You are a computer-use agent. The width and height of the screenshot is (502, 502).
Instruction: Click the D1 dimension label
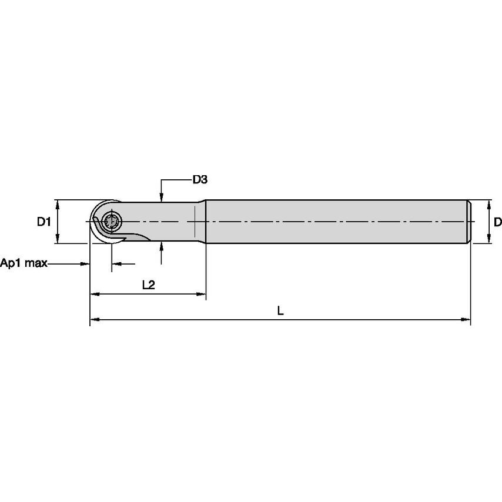[x=43, y=222]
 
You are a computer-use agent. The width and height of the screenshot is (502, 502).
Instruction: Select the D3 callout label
[x=200, y=180]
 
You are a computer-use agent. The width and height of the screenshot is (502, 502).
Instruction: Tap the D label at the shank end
[x=497, y=222]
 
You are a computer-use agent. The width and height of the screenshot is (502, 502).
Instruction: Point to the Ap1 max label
[x=24, y=263]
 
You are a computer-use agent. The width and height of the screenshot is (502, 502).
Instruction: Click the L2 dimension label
[x=148, y=285]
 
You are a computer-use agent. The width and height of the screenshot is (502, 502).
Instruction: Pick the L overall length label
[x=280, y=312]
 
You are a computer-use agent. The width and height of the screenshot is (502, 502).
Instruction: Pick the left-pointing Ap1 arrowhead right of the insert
[x=115, y=263]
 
